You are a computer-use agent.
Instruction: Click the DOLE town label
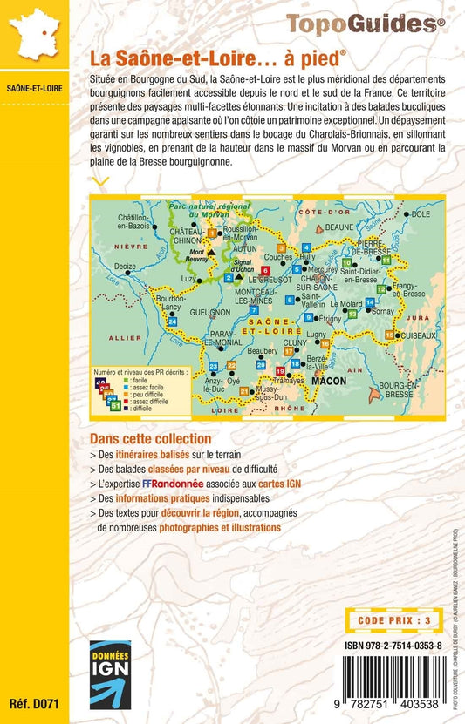421,213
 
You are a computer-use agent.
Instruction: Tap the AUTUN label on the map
236,248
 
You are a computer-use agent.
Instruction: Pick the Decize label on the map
125,266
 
